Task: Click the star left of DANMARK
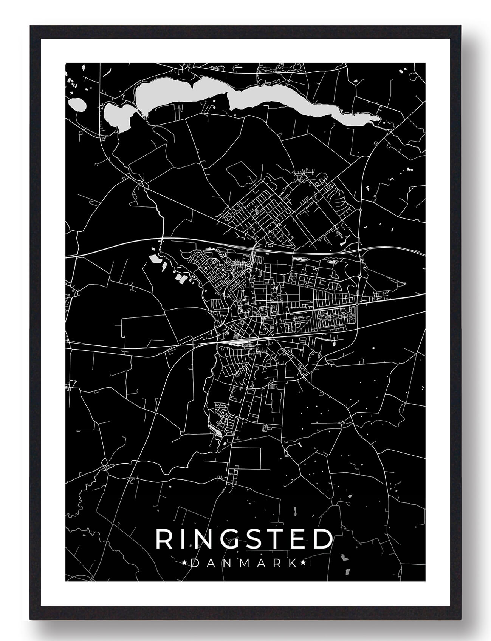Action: tap(184, 563)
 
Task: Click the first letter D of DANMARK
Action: tap(194, 563)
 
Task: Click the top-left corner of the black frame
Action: tap(30, 26)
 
